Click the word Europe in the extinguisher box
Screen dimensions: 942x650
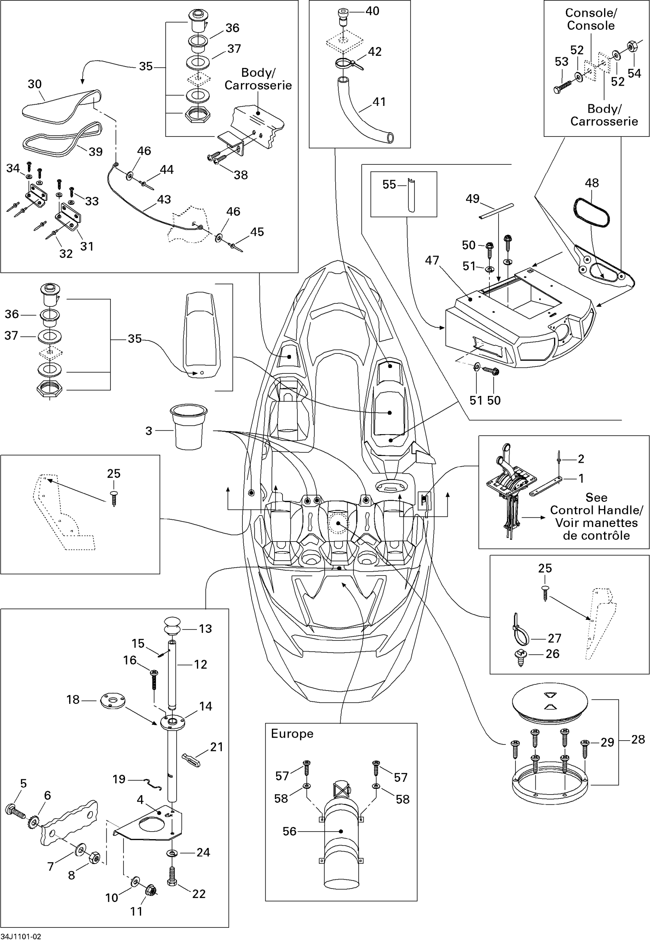(x=292, y=734)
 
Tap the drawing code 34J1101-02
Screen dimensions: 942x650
(x=21, y=936)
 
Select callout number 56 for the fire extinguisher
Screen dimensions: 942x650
(x=289, y=831)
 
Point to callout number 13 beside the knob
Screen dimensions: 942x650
(x=205, y=629)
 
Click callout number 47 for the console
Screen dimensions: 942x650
(x=432, y=260)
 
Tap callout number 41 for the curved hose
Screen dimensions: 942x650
(x=379, y=102)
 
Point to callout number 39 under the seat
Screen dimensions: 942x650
(x=96, y=151)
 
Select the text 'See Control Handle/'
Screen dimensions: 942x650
(x=596, y=504)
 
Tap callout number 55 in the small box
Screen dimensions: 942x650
(x=389, y=185)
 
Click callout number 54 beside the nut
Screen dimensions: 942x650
(x=634, y=73)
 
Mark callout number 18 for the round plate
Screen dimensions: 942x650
(x=73, y=699)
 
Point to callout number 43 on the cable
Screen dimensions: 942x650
(x=164, y=199)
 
